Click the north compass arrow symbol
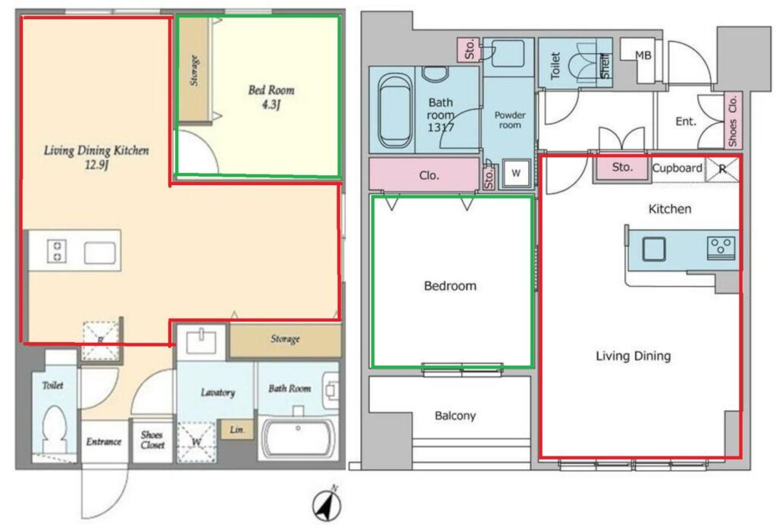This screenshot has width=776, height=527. click(x=327, y=505)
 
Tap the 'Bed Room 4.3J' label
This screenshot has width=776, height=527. click(x=271, y=97)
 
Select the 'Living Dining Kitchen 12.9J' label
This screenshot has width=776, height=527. click(x=96, y=157)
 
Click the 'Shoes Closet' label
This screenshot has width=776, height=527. click(x=152, y=440)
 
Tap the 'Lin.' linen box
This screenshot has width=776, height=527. click(x=237, y=429)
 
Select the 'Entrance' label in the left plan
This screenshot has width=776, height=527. click(x=103, y=441)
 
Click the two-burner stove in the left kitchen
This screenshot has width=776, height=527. click(x=56, y=251)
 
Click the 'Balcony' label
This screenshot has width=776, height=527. click(x=455, y=416)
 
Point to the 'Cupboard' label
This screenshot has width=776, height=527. click(x=677, y=168)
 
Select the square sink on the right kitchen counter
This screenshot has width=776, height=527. click(x=654, y=249)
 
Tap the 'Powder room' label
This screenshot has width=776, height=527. click(x=510, y=120)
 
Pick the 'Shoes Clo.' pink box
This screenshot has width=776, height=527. click(x=733, y=121)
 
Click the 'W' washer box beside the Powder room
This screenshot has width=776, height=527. click(x=516, y=173)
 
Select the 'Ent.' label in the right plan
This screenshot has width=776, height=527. click(x=685, y=121)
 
